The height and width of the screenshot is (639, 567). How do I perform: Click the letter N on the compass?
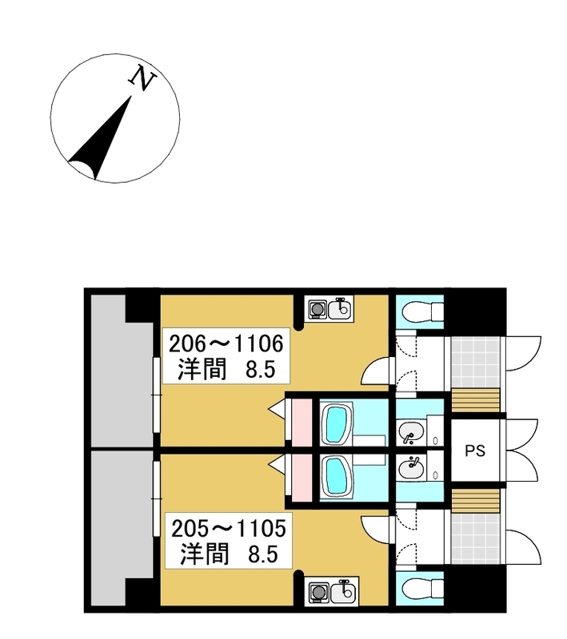coord(142,77)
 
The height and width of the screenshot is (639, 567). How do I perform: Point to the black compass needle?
coord(102,138)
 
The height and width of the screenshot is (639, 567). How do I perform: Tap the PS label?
coord(475,450)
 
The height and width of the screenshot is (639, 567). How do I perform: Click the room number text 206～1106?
coord(226,343)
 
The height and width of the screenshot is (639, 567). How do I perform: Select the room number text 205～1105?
coord(229,529)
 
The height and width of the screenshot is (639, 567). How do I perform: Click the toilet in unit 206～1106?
coord(418,312)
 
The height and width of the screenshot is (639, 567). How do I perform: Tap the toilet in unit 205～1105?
coord(418,588)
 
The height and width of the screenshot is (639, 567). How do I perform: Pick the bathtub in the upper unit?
coord(337,424)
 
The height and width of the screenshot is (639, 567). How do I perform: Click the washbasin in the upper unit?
coord(410,432)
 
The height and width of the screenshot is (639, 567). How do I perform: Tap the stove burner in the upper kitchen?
coord(316,308)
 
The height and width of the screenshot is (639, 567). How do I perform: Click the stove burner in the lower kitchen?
coord(317,591)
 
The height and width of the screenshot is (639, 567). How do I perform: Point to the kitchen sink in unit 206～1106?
coord(339,308)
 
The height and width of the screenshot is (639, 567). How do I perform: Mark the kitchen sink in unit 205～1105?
coord(343,592)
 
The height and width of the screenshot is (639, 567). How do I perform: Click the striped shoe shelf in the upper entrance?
coord(476,400)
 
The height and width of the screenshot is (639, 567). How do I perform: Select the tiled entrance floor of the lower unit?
coord(475,538)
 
